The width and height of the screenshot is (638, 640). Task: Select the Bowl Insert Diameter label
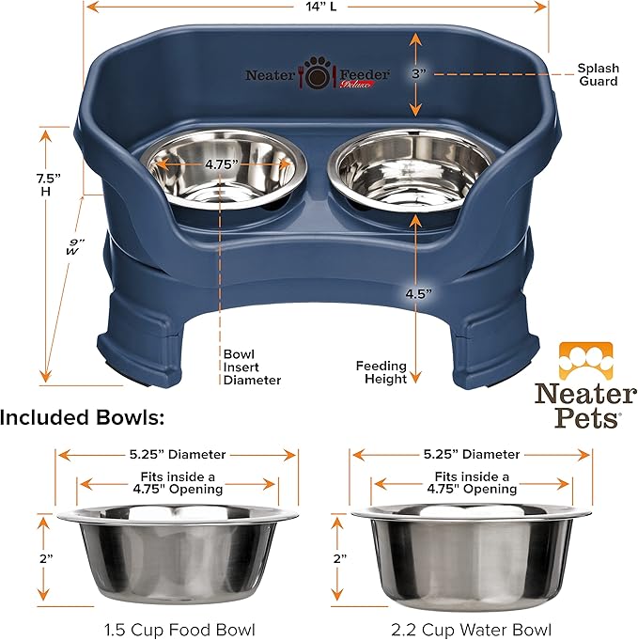pyautogui.click(x=252, y=367)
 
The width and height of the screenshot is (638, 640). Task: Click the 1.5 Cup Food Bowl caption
pyautogui.click(x=176, y=628)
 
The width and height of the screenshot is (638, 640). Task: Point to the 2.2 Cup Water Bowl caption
pyautogui.click(x=471, y=628)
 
